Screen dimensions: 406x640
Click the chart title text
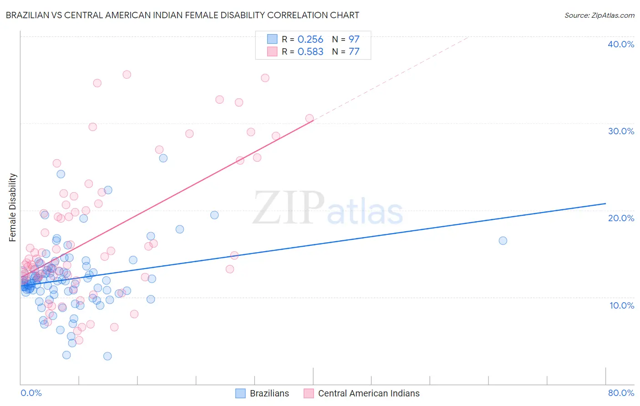pyautogui.click(x=183, y=15)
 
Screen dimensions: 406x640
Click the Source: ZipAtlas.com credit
pyautogui.click(x=599, y=15)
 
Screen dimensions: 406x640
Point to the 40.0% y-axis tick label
pyautogui.click(x=621, y=44)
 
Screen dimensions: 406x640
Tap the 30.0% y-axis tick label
pyautogui.click(x=621, y=131)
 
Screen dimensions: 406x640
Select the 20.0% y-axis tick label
pyautogui.click(x=621, y=218)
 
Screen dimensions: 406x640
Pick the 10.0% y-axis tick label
pyautogui.click(x=622, y=305)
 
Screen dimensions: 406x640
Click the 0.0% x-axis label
pyautogui.click(x=31, y=393)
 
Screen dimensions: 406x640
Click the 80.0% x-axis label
pyautogui.click(x=621, y=393)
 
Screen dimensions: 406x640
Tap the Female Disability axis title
pyautogui.click(x=13, y=207)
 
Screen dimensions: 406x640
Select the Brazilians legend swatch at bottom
pyautogui.click(x=240, y=393)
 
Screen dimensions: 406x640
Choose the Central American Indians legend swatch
pyautogui.click(x=309, y=393)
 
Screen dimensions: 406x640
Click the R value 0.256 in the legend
pyautogui.click(x=310, y=40)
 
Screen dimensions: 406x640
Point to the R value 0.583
pyautogui.click(x=310, y=52)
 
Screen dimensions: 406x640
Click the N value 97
pyautogui.click(x=354, y=40)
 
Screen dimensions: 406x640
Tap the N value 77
pyautogui.click(x=354, y=52)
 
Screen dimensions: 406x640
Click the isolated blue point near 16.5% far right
pyautogui.click(x=503, y=241)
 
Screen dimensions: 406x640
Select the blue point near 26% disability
pyautogui.click(x=163, y=158)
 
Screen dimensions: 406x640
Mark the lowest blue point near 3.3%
pyautogui.click(x=107, y=356)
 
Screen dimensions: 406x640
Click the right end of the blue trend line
pyautogui.click(x=605, y=203)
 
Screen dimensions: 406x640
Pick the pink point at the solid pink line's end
pyautogui.click(x=310, y=118)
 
